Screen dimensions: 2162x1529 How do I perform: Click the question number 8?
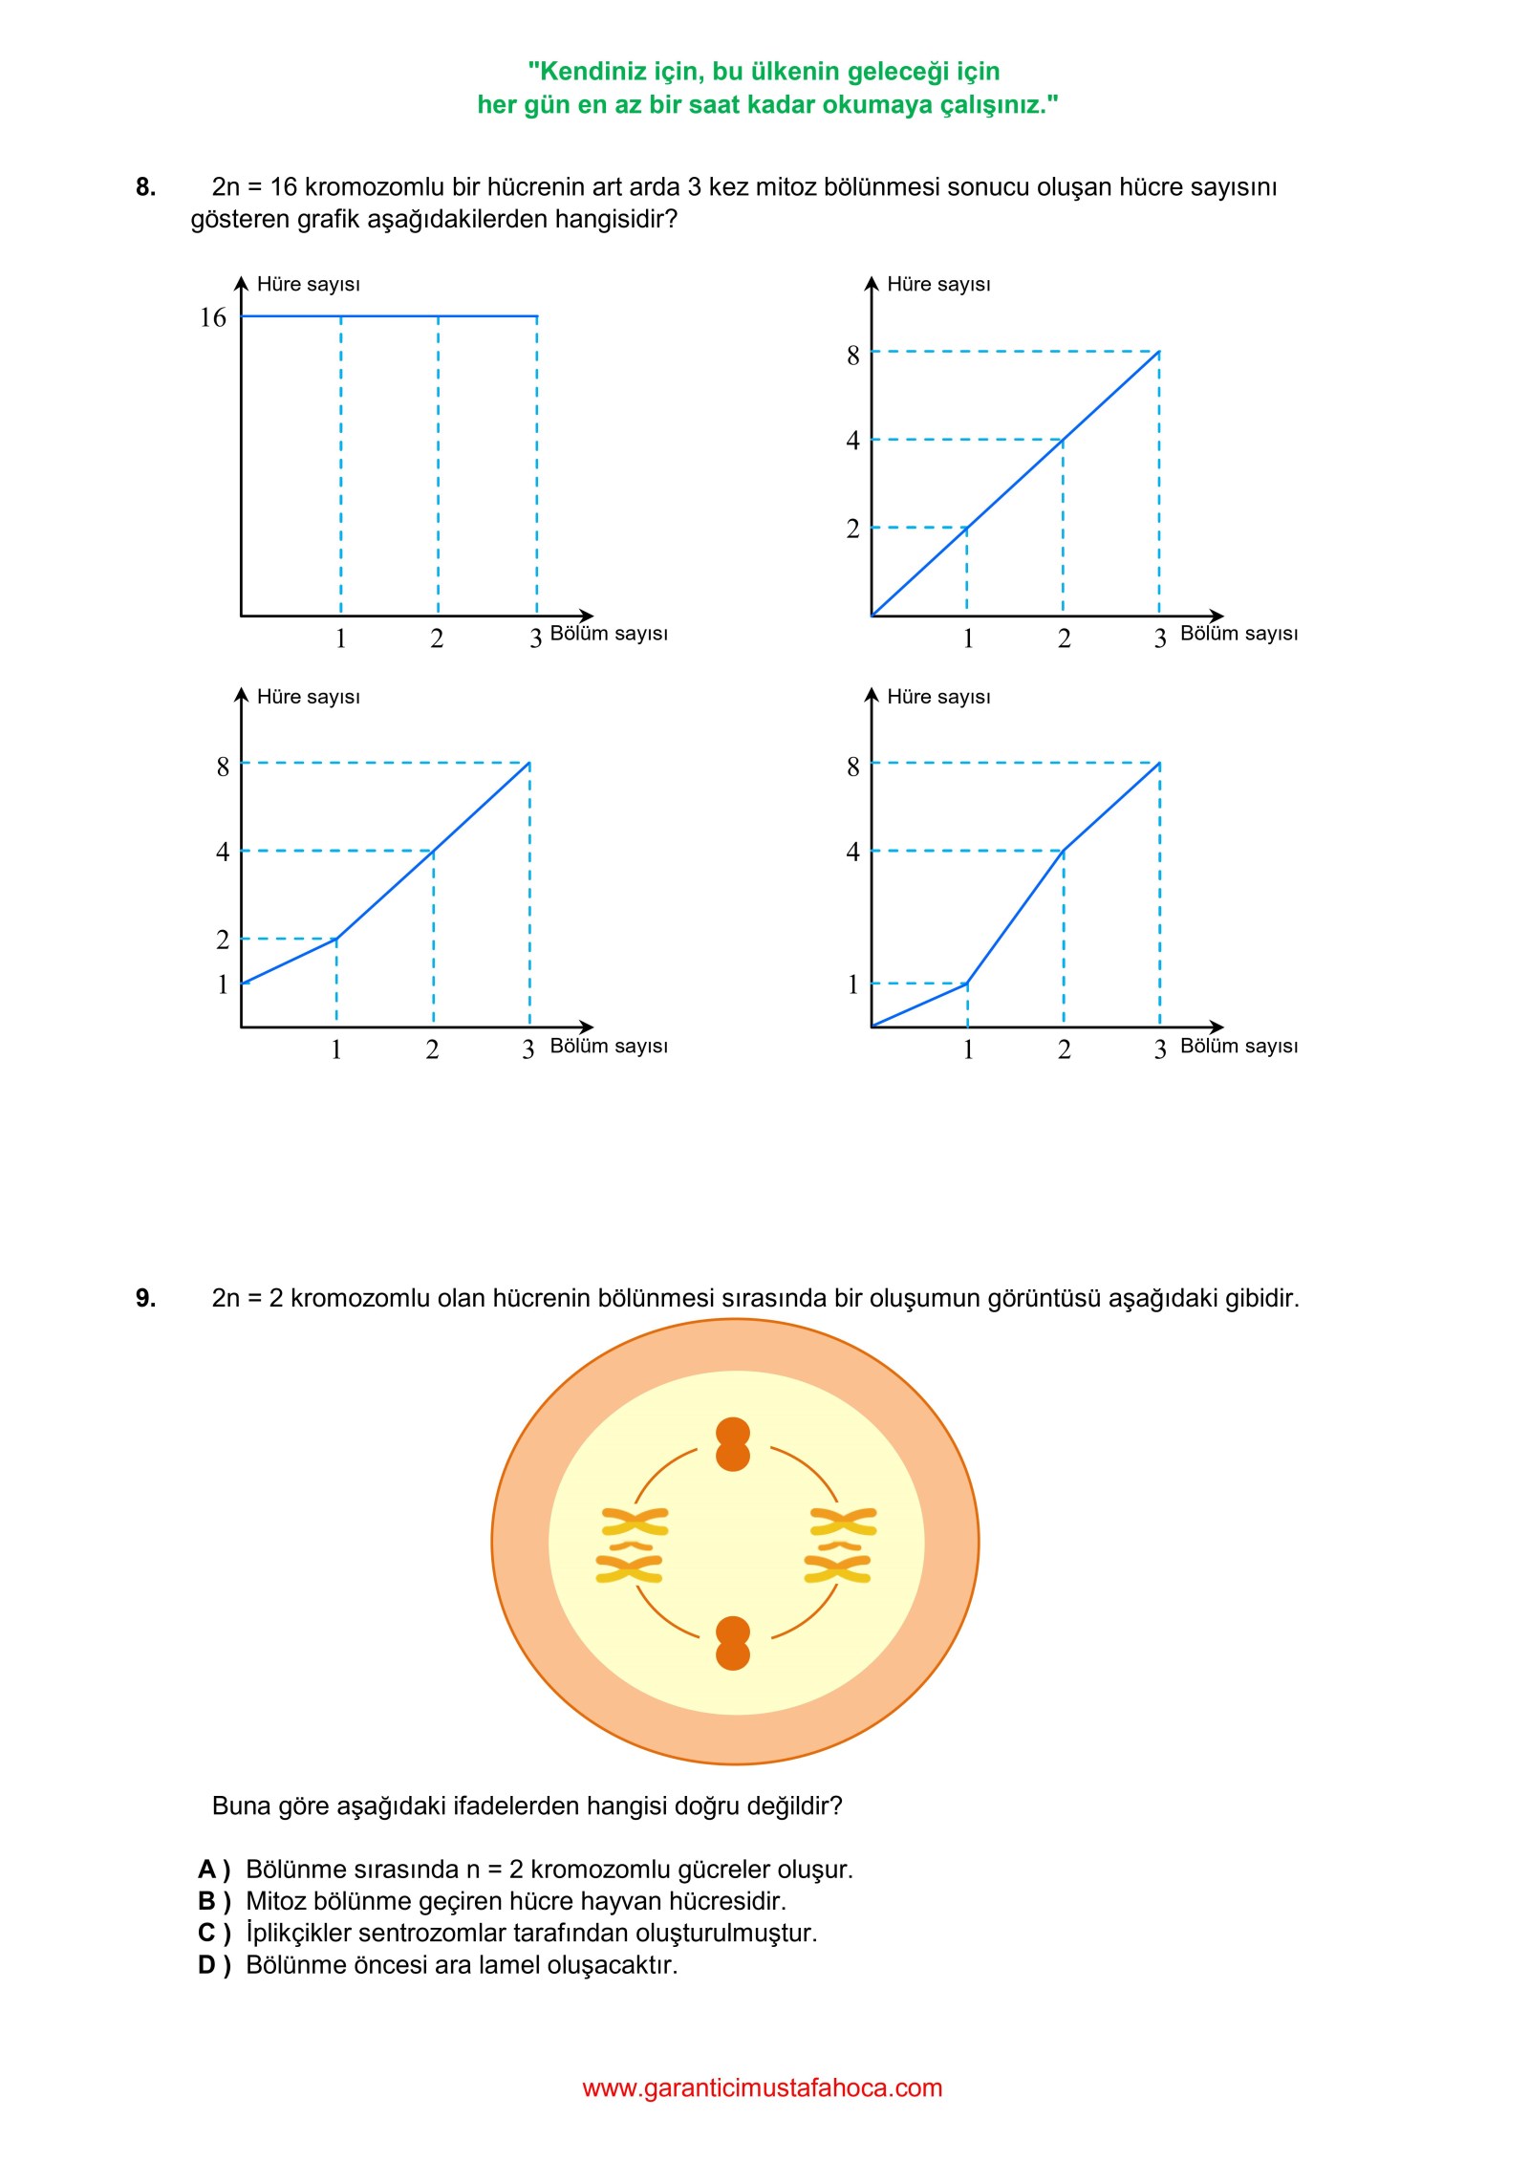click(145, 187)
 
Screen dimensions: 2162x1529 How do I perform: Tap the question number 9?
click(145, 1298)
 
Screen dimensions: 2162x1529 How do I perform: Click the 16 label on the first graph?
click(212, 317)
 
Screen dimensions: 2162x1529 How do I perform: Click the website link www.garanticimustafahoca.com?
click(762, 2087)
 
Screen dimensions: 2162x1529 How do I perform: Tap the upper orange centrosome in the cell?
click(733, 1444)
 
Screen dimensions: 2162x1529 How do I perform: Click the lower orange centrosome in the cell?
click(733, 1643)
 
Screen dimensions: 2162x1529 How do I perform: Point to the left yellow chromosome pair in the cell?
click(631, 1545)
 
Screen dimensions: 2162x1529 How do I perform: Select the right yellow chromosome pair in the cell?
click(840, 1545)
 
